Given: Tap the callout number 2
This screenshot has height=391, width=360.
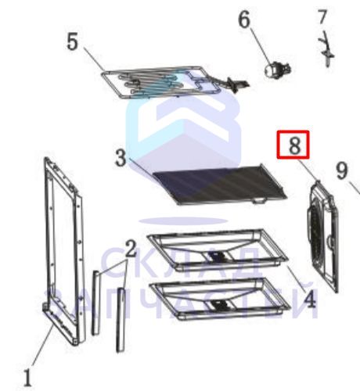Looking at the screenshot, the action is point(131,249).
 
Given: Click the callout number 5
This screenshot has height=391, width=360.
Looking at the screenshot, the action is point(73,42).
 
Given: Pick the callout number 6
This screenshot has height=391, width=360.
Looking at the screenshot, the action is point(244,20).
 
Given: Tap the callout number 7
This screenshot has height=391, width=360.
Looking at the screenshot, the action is point(322,17).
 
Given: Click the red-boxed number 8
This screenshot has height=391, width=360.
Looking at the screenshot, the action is point(293,145).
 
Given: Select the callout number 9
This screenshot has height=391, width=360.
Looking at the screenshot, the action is point(342,170).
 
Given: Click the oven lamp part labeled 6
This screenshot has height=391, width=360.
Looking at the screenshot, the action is point(277,70).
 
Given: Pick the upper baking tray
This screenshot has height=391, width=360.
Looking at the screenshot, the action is point(218,250).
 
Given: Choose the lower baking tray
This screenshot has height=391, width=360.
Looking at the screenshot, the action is point(221,299).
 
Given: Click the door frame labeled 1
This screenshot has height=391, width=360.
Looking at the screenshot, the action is point(63,252).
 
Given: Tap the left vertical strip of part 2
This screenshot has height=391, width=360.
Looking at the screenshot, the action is point(95,303).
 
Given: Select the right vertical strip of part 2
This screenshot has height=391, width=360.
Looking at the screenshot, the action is point(121,320).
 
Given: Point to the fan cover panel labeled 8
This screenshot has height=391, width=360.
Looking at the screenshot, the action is point(323,236).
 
